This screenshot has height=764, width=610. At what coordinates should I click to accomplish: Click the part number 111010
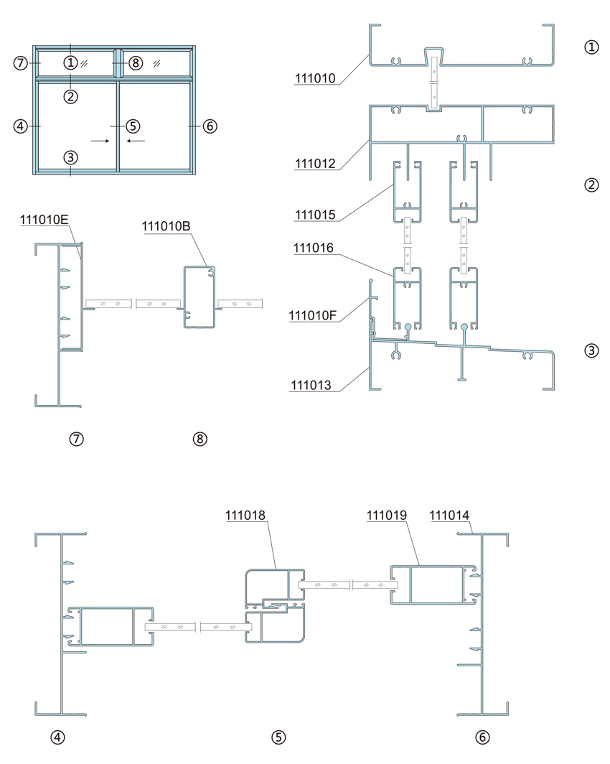(x=315, y=78)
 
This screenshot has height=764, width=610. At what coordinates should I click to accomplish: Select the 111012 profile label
(x=315, y=163)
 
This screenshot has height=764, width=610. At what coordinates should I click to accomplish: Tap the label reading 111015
(x=315, y=215)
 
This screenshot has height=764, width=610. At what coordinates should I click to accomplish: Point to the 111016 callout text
(x=314, y=248)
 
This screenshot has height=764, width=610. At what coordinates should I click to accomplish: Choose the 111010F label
(x=313, y=315)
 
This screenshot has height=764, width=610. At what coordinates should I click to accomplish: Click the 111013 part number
(x=311, y=385)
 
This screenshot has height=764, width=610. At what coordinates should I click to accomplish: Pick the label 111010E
(x=44, y=220)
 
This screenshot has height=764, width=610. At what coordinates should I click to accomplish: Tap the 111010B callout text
(x=166, y=226)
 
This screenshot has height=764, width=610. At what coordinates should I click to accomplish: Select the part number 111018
(x=245, y=515)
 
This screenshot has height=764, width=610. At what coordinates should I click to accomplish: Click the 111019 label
(x=387, y=515)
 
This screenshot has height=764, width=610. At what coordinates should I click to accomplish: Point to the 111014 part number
(x=449, y=515)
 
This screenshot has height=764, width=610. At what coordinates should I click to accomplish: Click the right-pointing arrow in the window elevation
(x=100, y=141)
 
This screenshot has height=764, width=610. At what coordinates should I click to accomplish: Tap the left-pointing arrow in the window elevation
(x=136, y=141)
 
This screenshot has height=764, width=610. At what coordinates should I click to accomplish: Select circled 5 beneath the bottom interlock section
(x=278, y=737)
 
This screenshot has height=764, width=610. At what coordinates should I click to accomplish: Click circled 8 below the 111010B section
(x=200, y=439)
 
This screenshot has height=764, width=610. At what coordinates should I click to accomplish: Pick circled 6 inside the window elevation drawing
(x=210, y=126)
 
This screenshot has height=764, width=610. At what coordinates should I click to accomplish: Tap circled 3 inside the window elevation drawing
(x=70, y=157)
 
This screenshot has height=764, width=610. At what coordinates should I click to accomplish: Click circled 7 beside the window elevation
(x=20, y=63)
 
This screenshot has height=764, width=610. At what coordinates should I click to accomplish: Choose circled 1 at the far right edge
(x=591, y=47)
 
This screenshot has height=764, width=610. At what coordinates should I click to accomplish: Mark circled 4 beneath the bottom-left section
(x=57, y=737)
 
